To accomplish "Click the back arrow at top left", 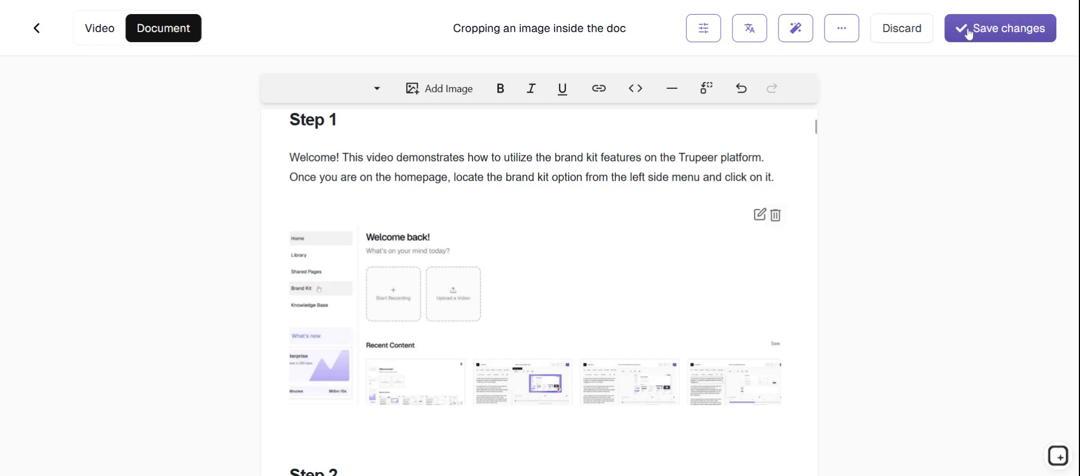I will [37, 28].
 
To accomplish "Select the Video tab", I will [100, 28].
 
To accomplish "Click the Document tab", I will [163, 28].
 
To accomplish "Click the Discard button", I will [901, 28].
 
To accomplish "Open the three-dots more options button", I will [841, 28].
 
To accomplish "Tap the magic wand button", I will [795, 28].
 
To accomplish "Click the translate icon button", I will [749, 28].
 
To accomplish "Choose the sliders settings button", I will [703, 28].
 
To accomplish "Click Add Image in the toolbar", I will [439, 88].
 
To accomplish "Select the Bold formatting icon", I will [500, 88].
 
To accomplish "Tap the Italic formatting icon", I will [531, 88].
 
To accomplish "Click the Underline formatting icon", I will [562, 88].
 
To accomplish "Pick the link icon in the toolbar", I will [598, 88].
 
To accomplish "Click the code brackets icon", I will [635, 88].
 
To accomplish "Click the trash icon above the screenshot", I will [776, 215].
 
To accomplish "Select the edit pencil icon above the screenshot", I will [759, 214].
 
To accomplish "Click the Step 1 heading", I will [313, 120].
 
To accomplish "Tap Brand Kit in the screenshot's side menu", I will [301, 288].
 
